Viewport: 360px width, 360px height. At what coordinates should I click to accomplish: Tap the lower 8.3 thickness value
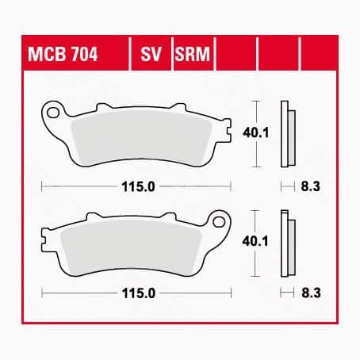click(311, 293)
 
